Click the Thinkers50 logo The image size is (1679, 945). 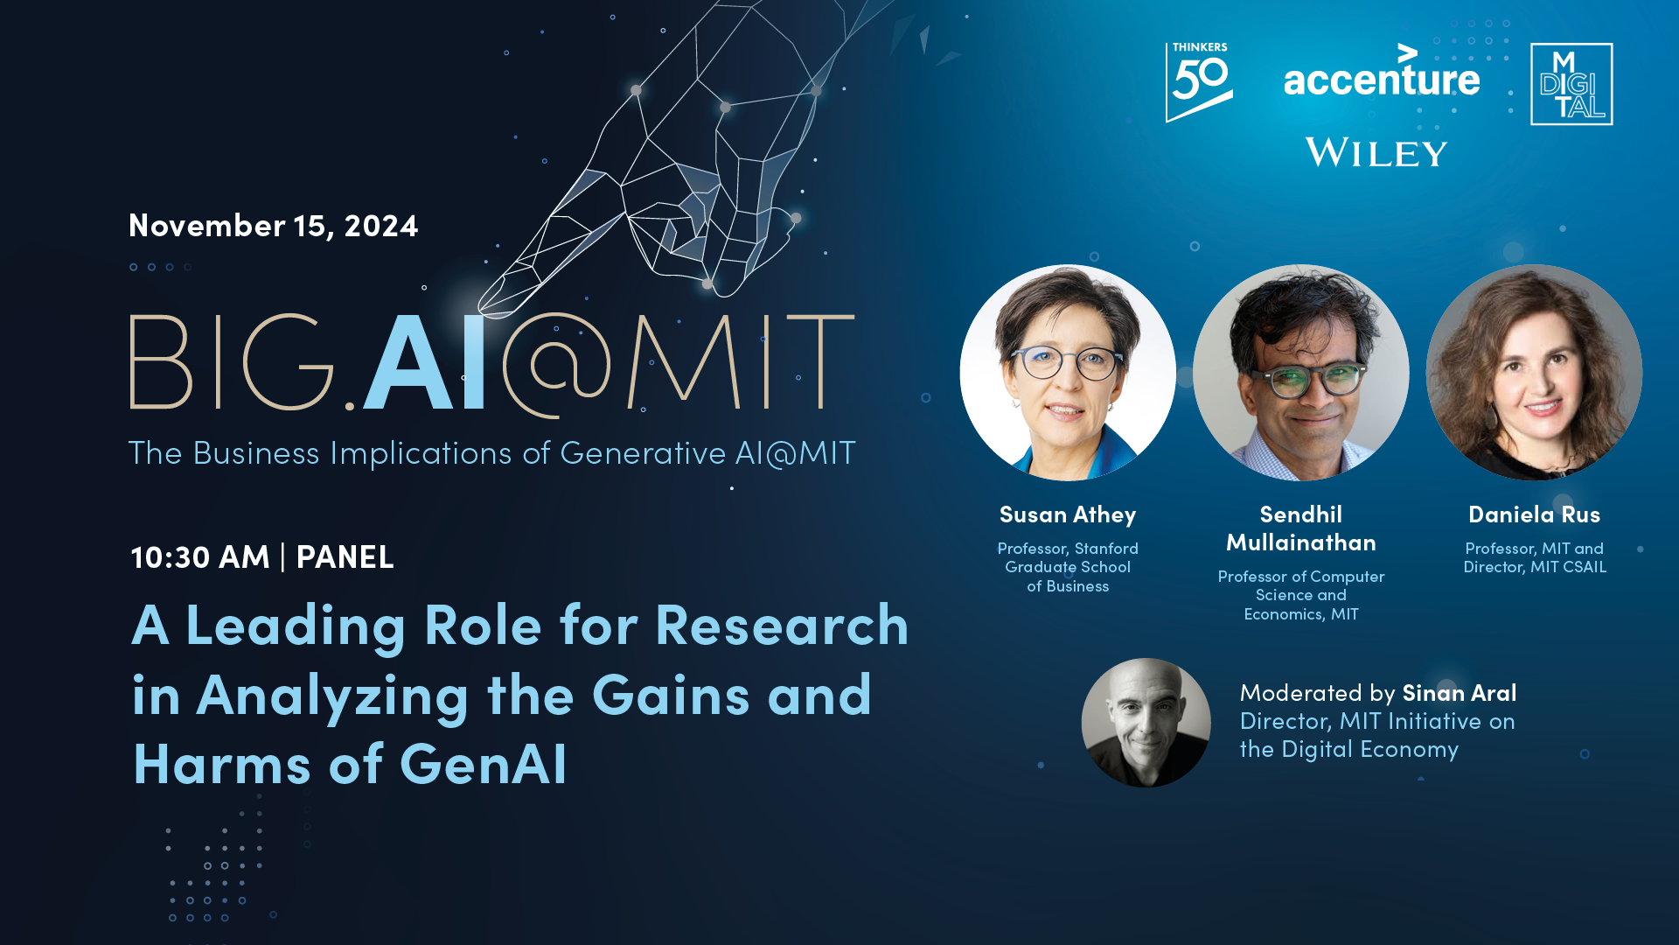(1199, 82)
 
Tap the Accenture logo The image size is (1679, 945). (1382, 71)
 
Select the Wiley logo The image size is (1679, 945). (1376, 152)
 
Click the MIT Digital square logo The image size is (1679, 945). (1571, 84)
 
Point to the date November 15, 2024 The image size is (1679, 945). (273, 226)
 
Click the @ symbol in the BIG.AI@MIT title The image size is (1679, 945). (556, 365)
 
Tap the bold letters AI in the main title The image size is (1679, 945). (424, 362)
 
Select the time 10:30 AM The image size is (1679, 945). (199, 556)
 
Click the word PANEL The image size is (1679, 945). (345, 556)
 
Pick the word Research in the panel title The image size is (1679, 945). (782, 626)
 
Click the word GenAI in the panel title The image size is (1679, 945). (484, 764)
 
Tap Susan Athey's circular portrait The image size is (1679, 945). (1068, 373)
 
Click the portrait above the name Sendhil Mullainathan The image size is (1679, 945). (1301, 373)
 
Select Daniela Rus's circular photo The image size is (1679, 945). (1534, 373)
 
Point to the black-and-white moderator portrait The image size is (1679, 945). (1146, 723)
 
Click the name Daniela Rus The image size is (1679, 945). (1535, 514)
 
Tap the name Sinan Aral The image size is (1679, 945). (1460, 693)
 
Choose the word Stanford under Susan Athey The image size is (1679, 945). (1106, 549)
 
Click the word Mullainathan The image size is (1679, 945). (1301, 543)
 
